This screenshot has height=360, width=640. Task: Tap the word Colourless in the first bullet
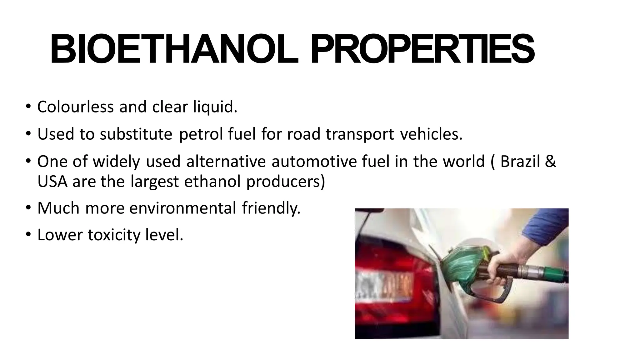pyautogui.click(x=75, y=107)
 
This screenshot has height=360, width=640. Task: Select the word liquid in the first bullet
pyautogui.click(x=215, y=107)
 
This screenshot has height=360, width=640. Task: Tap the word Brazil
pyautogui.click(x=520, y=162)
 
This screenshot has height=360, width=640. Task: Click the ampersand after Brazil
pyautogui.click(x=552, y=162)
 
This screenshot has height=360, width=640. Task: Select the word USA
pyautogui.click(x=52, y=182)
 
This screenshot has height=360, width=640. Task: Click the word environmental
pyautogui.click(x=182, y=208)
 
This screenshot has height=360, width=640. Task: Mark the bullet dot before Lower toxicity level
pyautogui.click(x=28, y=234)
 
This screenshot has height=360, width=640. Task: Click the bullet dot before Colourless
pyautogui.click(x=28, y=106)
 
